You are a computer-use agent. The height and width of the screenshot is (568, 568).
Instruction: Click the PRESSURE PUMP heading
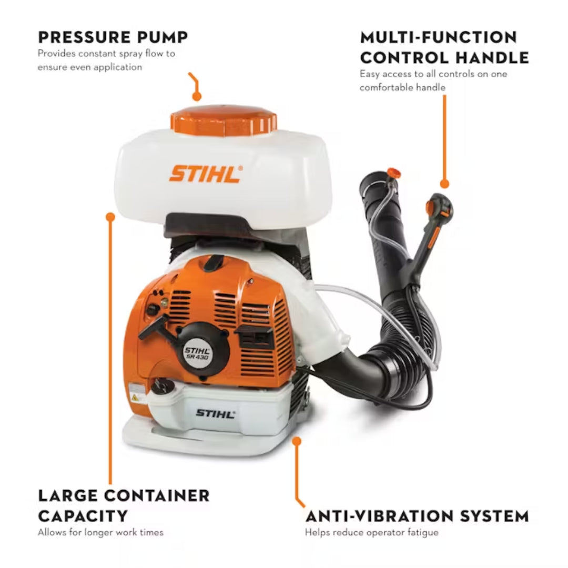coord(113,37)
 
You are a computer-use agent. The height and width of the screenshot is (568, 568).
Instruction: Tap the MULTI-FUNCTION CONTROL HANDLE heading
coord(444,47)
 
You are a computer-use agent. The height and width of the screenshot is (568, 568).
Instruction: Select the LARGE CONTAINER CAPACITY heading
coord(124,505)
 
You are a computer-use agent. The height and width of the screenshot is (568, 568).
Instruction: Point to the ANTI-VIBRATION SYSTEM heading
coord(417,515)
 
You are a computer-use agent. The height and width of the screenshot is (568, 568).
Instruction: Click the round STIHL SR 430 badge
coord(197,351)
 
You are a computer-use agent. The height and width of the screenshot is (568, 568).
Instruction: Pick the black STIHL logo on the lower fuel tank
coord(215,413)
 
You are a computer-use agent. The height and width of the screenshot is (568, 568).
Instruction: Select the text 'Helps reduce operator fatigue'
coord(371,532)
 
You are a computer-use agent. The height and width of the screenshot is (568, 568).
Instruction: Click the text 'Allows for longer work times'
coord(100,532)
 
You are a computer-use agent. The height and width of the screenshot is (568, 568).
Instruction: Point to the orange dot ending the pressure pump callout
coord(197,96)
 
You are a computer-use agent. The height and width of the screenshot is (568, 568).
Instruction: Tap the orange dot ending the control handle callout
coord(444,184)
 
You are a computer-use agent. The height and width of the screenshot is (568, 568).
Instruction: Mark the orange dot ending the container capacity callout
coord(110,216)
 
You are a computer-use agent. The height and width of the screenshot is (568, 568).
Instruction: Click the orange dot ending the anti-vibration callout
coord(297,440)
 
